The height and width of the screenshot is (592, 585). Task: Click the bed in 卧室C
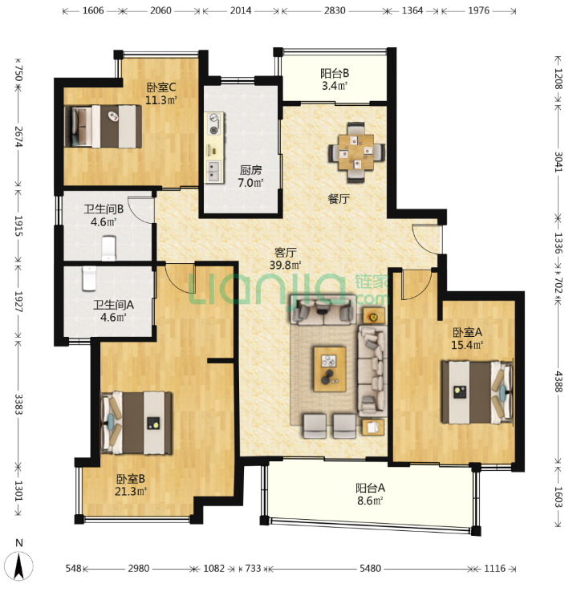pyautogui.click(x=103, y=126)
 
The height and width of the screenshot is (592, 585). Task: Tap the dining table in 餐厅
pyautogui.click(x=356, y=152)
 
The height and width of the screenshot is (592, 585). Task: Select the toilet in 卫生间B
pyautogui.click(x=109, y=248)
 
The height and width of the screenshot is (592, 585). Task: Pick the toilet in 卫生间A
pyautogui.click(x=89, y=278)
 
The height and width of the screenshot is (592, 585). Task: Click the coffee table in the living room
pyautogui.click(x=330, y=369)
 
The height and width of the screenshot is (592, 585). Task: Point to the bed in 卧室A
pyautogui.click(x=477, y=392)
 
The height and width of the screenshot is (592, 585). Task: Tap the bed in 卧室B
pyautogui.click(x=136, y=423)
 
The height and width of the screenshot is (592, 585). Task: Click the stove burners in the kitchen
pyautogui.click(x=214, y=124)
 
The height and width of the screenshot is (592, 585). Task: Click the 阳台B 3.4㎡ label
pyautogui.click(x=335, y=79)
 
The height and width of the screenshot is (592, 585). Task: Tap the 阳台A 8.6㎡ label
pyautogui.click(x=370, y=494)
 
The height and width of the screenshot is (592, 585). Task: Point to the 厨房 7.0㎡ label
pyautogui.click(x=250, y=176)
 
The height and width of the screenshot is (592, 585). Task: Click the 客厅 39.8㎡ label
pyautogui.click(x=285, y=258)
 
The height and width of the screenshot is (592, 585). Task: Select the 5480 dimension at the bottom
pyautogui.click(x=370, y=568)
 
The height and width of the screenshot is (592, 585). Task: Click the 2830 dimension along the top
pyautogui.click(x=335, y=10)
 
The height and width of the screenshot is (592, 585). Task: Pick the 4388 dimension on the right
pyautogui.click(x=559, y=382)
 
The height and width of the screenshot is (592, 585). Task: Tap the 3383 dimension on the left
pyautogui.click(x=18, y=404)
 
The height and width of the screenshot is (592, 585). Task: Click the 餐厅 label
pyautogui.click(x=339, y=199)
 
